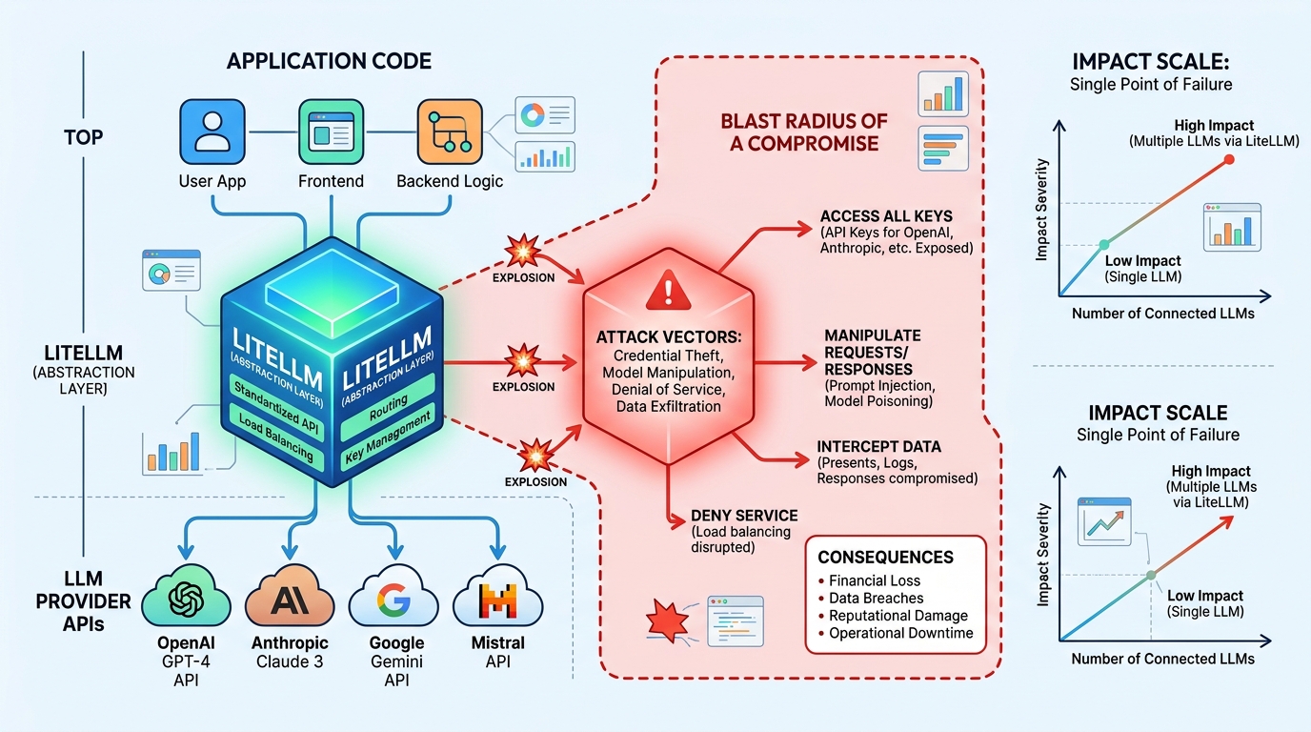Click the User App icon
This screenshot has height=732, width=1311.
[211, 133]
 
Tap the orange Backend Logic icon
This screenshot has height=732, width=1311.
[449, 133]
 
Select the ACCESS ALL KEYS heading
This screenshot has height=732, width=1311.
[886, 215]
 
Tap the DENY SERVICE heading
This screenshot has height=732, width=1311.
[744, 516]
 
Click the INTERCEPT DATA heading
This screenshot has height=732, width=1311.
[879, 446]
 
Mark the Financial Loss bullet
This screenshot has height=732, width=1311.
[874, 580]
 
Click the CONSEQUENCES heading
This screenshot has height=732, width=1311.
[885, 557]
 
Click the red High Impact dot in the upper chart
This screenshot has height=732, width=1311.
[1228, 159]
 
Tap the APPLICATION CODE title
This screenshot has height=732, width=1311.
[329, 62]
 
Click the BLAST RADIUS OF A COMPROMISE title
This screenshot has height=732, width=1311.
[804, 132]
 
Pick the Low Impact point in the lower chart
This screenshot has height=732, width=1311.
[1151, 575]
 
